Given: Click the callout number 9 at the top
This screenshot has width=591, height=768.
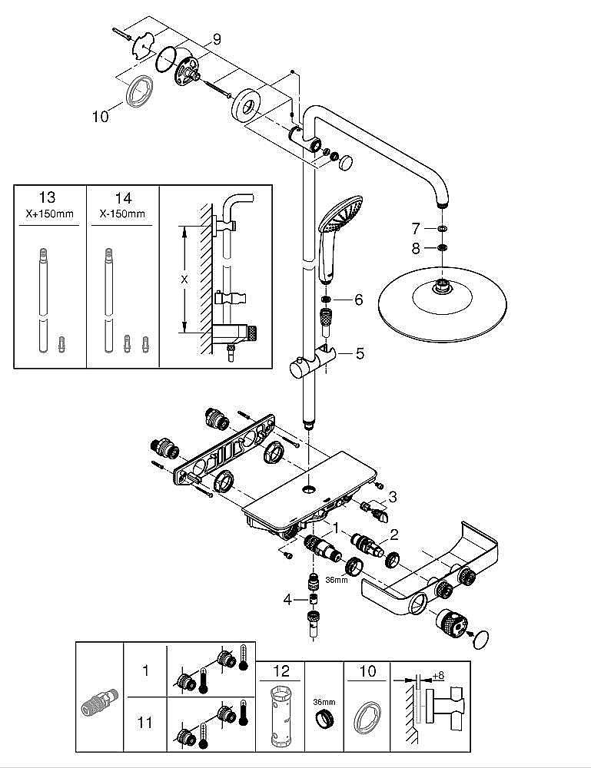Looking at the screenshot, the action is click(217, 39).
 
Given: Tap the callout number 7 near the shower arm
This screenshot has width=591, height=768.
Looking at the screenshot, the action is click(416, 228).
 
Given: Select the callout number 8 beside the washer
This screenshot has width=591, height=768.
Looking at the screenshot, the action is click(416, 248).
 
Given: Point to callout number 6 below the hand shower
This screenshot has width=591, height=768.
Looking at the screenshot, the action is click(359, 300).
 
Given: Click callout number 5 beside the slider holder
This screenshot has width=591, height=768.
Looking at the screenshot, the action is click(360, 353).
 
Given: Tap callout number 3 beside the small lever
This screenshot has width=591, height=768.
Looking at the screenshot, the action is click(393, 497).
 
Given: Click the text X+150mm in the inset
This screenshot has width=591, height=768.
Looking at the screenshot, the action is click(49, 214).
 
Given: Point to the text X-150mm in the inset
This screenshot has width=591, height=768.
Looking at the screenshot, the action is click(122, 214).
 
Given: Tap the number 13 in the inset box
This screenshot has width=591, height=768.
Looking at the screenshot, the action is click(47, 197).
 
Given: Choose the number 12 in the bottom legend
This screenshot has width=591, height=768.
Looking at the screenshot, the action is click(282, 670).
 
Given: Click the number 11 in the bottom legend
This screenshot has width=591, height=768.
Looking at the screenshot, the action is click(145, 722).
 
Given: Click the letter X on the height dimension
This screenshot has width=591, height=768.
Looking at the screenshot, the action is click(184, 280).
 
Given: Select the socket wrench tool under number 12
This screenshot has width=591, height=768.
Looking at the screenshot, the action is click(281, 715).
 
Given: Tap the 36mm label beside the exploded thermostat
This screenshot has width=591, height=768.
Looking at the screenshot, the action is click(336, 580).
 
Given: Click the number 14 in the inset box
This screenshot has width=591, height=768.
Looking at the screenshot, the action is click(123, 198).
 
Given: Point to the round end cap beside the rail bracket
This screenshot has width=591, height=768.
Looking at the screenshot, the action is click(347, 161).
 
